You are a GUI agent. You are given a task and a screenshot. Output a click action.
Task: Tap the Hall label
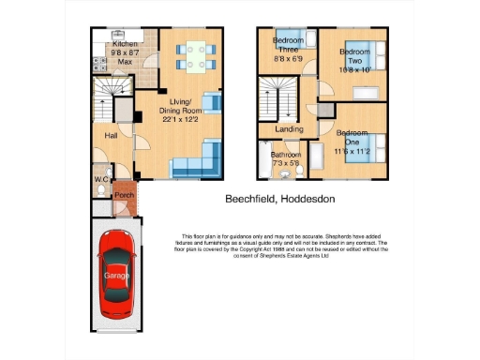[112, 137]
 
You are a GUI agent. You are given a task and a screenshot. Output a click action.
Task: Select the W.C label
[101, 180]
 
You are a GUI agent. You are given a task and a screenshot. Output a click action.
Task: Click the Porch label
[124, 195]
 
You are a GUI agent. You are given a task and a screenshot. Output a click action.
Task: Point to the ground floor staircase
[107, 92]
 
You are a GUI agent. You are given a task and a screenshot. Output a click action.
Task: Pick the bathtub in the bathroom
[263, 160]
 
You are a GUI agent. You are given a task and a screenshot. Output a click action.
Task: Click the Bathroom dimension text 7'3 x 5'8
[286, 164]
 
